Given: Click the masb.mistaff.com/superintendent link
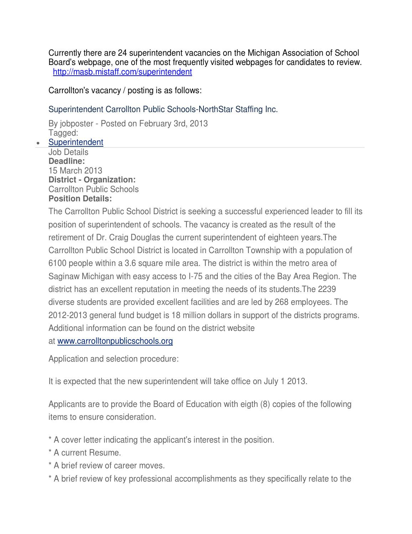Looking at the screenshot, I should (x=122, y=72).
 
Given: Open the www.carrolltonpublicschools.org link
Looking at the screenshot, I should (x=115, y=341).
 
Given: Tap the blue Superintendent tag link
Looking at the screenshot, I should (x=76, y=142).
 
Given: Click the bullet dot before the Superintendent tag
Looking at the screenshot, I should (x=38, y=143).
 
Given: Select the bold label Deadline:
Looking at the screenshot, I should (x=67, y=161).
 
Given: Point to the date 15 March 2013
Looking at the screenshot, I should (x=75, y=170).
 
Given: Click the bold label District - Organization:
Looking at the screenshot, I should (x=92, y=180).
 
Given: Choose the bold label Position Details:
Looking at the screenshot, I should (x=80, y=198).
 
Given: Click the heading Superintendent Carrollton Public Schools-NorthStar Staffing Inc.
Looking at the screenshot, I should (x=163, y=109).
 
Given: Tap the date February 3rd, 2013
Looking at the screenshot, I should (x=173, y=124).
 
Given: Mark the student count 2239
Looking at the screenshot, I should (x=327, y=289).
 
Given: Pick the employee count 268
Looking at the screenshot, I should (x=282, y=302).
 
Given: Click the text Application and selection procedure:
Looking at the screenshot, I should (x=113, y=358).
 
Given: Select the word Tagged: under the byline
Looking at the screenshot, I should (x=63, y=133).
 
